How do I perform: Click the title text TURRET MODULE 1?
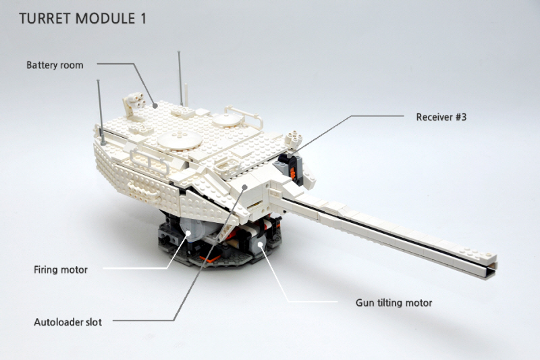[82, 19]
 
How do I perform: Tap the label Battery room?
[55, 65]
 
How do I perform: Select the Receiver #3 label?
[441, 117]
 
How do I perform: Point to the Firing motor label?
[61, 269]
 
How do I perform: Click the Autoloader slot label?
[68, 322]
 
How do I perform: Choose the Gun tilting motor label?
[394, 303]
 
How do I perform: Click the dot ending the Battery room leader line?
[155, 106]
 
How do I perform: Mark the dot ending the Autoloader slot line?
[244, 186]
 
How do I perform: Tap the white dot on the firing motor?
[188, 233]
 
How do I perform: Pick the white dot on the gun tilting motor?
[261, 245]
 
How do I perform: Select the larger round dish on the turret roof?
[180, 140]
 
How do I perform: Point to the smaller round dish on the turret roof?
[226, 120]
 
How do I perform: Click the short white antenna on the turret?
[186, 95]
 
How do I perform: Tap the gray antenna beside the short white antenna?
[180, 78]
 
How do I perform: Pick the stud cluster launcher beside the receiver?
[294, 139]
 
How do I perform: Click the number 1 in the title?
[143, 19]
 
